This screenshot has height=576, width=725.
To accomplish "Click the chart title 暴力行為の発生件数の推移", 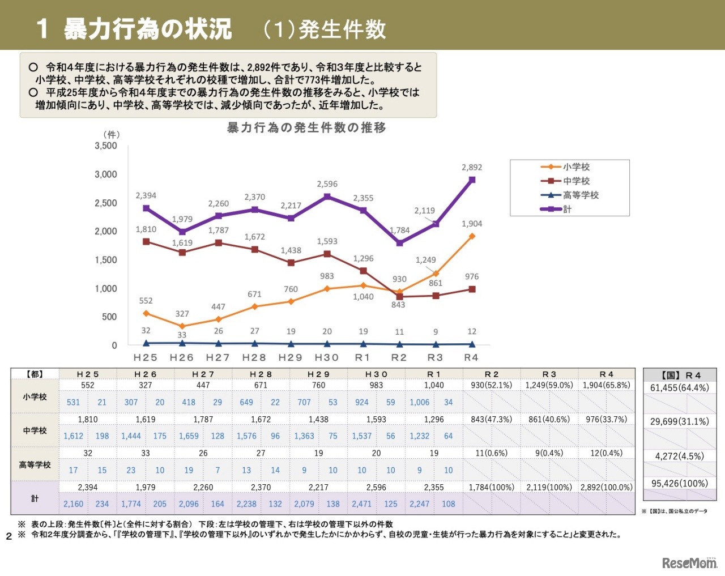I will (306, 127).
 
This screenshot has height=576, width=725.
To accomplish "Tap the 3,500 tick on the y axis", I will (106, 146).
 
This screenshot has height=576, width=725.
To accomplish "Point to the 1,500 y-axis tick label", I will (106, 260).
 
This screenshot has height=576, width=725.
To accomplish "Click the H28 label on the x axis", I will (254, 358).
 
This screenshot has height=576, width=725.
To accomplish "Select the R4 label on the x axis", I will (471, 358).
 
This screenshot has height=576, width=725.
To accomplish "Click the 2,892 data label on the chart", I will (472, 168).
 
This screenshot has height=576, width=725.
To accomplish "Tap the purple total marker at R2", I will (400, 243).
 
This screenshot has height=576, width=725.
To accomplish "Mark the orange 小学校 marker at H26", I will (182, 326).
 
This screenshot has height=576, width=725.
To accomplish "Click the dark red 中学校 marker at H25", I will (146, 242).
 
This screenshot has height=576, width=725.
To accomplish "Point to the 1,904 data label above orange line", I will (472, 224).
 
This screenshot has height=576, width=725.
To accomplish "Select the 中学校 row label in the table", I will (35, 430).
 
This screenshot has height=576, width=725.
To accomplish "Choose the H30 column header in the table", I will (376, 374).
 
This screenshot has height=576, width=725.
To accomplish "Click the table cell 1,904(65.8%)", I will (606, 385).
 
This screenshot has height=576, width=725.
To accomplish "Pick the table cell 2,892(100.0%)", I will (606, 487).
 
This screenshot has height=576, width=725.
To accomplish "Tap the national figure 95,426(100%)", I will (680, 484).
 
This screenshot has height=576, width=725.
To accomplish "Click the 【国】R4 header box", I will (680, 375).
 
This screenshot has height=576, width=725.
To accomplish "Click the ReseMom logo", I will (689, 563).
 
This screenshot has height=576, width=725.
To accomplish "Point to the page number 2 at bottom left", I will (9, 536).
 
